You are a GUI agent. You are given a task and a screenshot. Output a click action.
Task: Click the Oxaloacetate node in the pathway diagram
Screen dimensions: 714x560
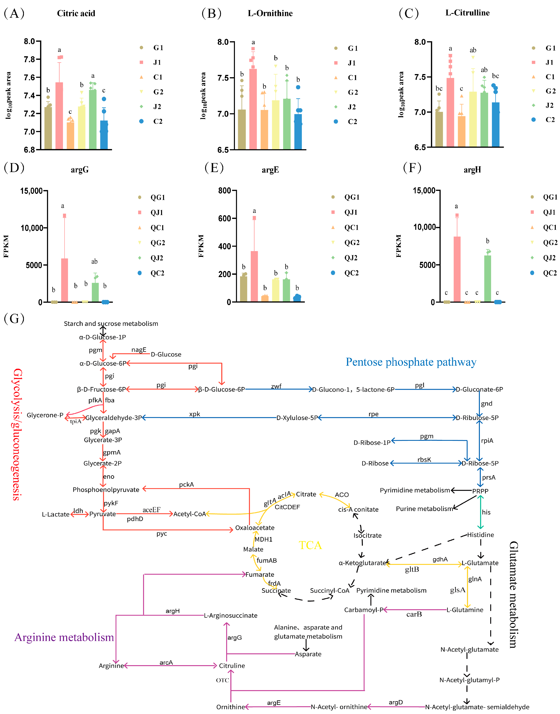tap(255, 528)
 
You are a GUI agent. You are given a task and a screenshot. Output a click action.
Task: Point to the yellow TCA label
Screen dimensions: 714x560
tap(310, 545)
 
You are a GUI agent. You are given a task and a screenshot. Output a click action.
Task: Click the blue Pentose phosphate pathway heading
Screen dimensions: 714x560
tap(411, 362)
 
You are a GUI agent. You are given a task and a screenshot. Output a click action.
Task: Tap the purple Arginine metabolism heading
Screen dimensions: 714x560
tap(64, 637)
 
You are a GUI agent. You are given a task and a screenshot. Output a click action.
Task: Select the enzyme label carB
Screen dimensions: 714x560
tap(414, 614)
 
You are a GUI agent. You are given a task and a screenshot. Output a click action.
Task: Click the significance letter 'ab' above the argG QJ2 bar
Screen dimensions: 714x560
tap(94, 261)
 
